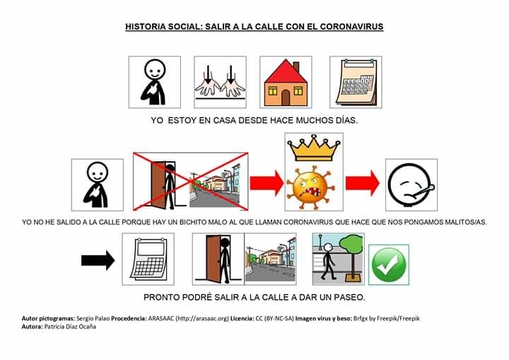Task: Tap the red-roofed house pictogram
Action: point(286,82)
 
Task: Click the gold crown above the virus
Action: point(313,150)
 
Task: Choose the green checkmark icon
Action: point(388,265)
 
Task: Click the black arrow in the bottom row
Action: point(98,260)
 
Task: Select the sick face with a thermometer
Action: point(411,184)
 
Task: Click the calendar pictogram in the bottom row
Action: point(147,260)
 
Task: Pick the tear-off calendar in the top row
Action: point(355,82)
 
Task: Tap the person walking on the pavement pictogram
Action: point(338,260)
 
